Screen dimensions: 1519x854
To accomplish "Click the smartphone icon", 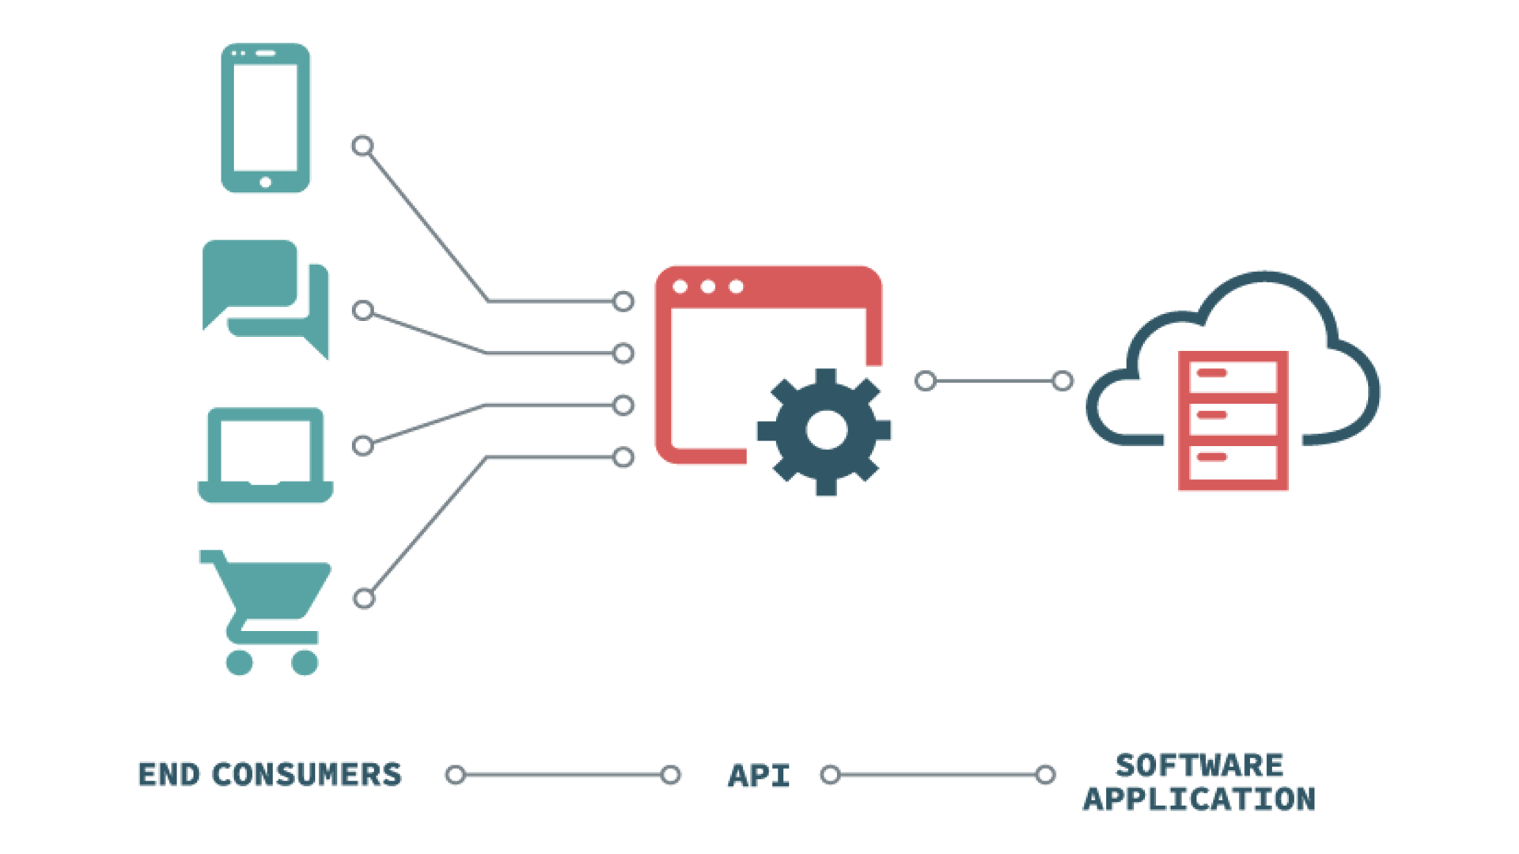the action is [x=265, y=118].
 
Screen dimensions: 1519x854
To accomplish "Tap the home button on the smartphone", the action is [x=265, y=182].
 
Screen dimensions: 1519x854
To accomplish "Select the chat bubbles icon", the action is [x=265, y=299].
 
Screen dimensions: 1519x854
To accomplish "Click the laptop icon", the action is [x=265, y=455].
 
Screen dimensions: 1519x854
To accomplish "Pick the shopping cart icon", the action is [x=265, y=612].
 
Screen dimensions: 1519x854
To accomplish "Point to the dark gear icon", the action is [x=825, y=432].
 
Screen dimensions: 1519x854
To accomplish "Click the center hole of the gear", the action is [x=826, y=431].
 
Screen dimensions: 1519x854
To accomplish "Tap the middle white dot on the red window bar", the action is [x=708, y=286].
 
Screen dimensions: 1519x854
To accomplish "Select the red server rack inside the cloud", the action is [x=1233, y=421].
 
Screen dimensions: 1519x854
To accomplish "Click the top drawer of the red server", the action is [x=1233, y=376].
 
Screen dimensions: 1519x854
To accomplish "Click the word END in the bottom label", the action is [x=169, y=775].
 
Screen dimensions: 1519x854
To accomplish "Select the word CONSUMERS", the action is [x=307, y=775].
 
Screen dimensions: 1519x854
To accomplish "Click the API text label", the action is [x=759, y=776].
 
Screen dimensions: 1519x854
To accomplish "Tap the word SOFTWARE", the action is [x=1199, y=765].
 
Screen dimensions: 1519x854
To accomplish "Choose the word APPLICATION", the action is [x=1199, y=799].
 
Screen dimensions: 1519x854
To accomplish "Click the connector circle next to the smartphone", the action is [x=362, y=145].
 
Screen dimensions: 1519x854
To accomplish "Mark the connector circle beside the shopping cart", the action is [x=364, y=599].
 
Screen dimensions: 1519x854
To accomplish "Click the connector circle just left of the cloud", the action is [x=1063, y=381].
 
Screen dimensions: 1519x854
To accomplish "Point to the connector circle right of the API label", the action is [x=830, y=775].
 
